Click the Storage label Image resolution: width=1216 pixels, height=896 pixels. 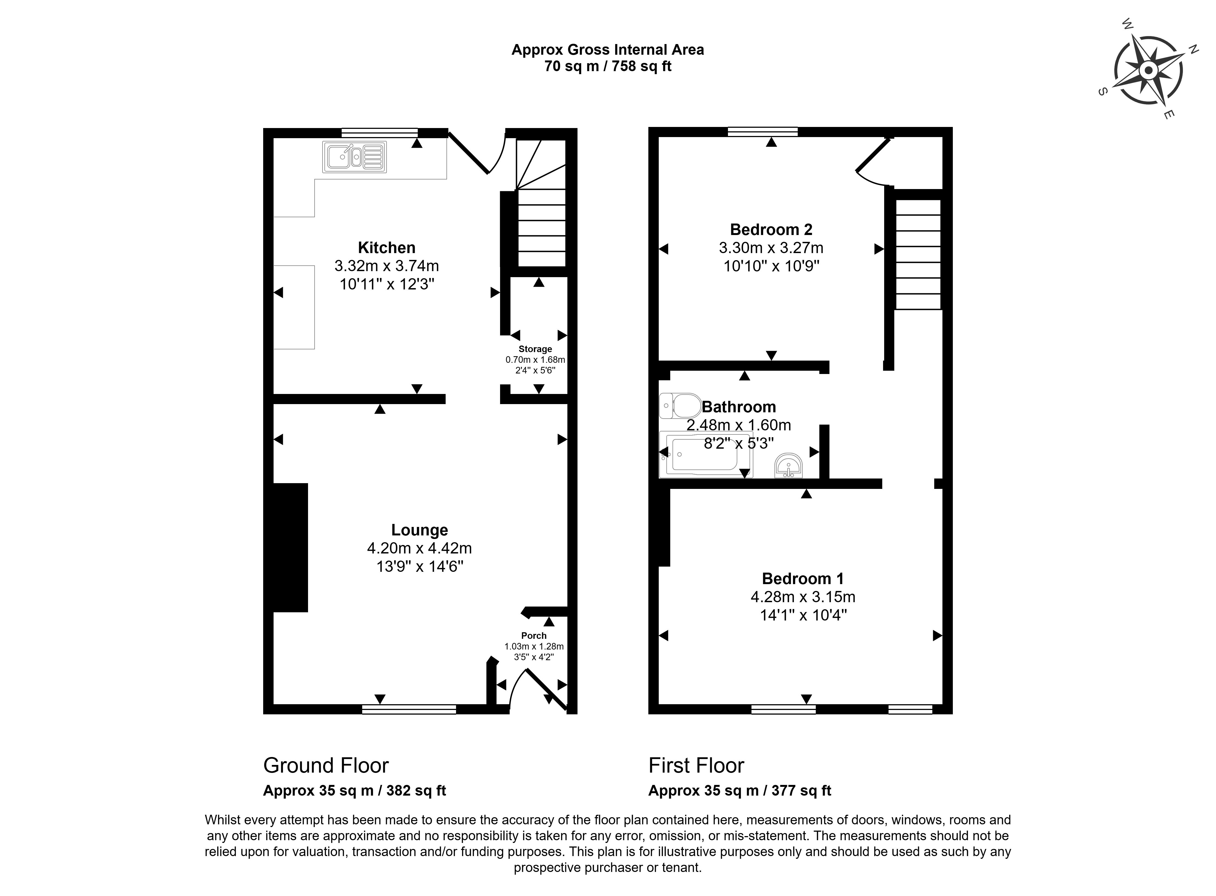(535, 349)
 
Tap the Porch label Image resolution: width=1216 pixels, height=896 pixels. (534, 636)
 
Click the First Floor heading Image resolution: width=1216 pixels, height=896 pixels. (696, 765)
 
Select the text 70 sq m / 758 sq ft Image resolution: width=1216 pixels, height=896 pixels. (608, 66)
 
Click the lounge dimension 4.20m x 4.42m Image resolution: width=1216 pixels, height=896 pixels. (419, 548)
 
